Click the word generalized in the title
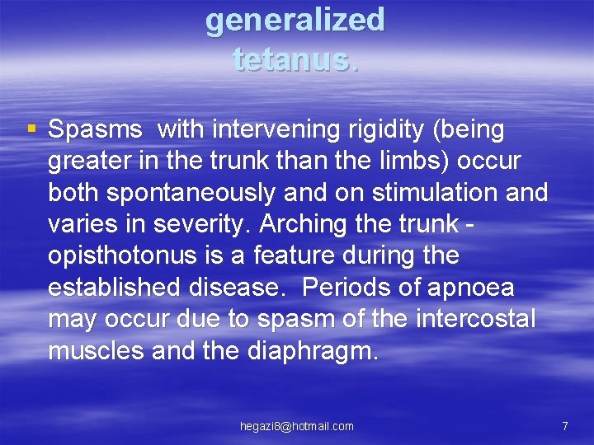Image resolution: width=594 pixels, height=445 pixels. click(x=295, y=20)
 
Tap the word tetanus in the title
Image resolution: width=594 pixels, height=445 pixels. click(x=292, y=59)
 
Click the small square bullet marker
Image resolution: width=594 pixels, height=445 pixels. click(x=31, y=129)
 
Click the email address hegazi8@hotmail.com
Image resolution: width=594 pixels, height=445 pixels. click(x=296, y=426)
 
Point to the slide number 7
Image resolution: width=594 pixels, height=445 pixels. click(x=564, y=426)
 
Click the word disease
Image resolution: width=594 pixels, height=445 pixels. click(x=240, y=288)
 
